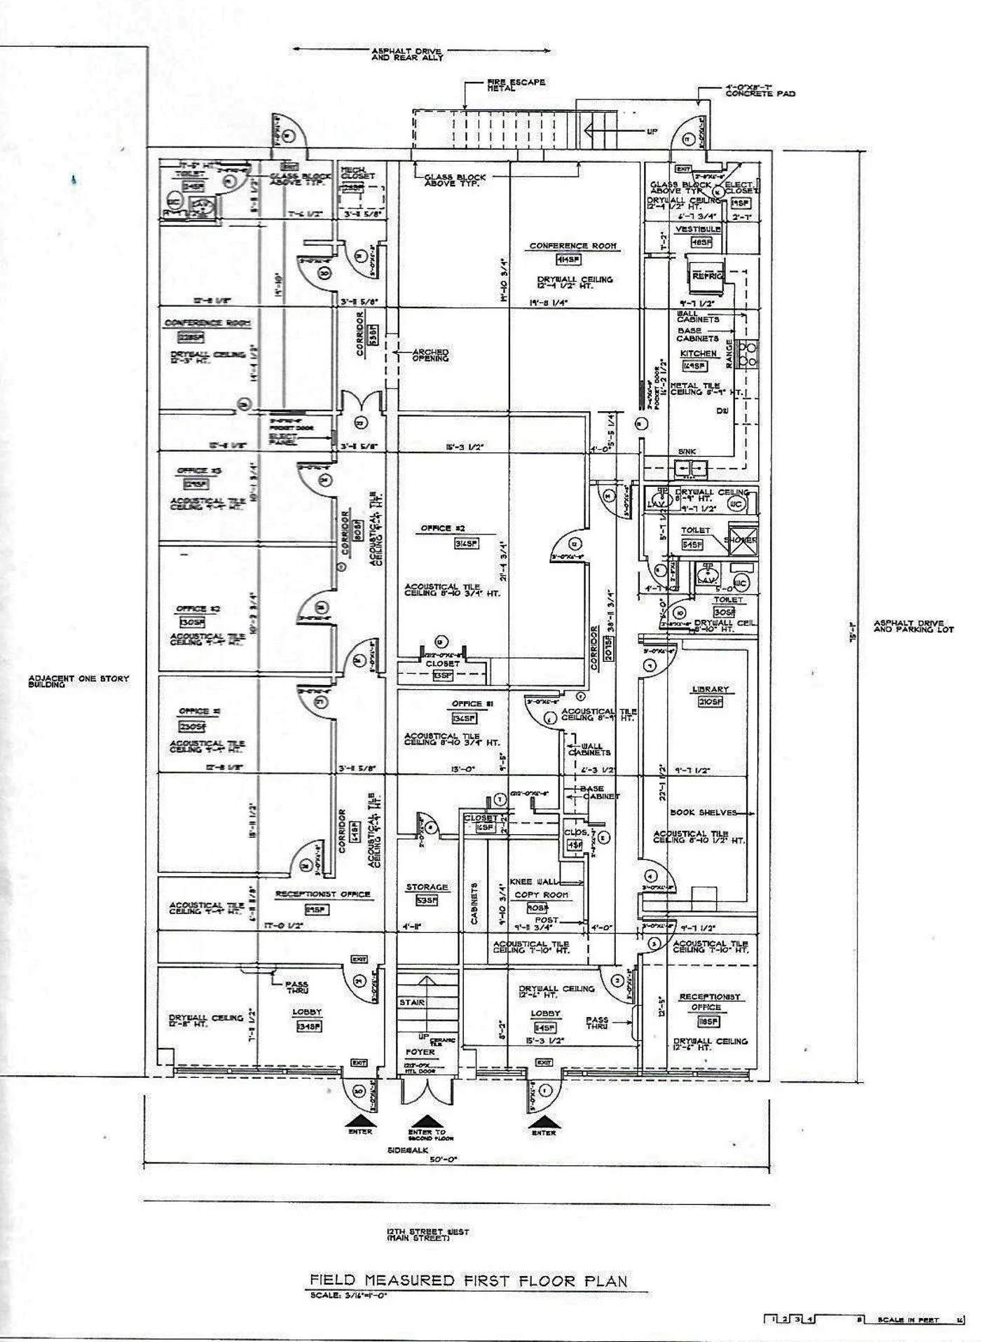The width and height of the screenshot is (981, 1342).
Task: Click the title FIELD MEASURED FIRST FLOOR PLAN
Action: tap(469, 1280)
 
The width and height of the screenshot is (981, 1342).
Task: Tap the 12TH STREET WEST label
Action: tap(427, 1235)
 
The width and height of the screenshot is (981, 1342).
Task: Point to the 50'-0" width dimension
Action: tap(443, 1159)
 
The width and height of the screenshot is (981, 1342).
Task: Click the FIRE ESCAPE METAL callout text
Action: tap(516, 85)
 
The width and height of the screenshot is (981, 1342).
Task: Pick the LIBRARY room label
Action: tap(710, 689)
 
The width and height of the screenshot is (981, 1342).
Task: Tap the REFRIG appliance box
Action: tap(706, 276)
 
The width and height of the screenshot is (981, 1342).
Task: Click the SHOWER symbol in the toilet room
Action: tap(741, 540)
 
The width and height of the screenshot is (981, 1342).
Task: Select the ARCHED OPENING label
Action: tap(430, 355)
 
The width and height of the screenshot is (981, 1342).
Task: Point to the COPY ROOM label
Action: tap(542, 894)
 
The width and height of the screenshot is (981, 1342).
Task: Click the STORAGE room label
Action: tap(427, 887)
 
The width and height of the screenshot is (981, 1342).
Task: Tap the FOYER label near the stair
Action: tap(420, 1051)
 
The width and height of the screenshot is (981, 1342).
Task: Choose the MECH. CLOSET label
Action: tap(357, 173)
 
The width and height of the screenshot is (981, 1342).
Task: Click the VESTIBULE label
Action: tap(698, 229)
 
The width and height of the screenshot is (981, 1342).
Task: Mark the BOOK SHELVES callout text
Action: tap(704, 812)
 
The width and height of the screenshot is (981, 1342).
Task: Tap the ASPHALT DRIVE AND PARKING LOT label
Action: tap(913, 626)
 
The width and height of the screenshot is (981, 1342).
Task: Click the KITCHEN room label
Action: tap(698, 354)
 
